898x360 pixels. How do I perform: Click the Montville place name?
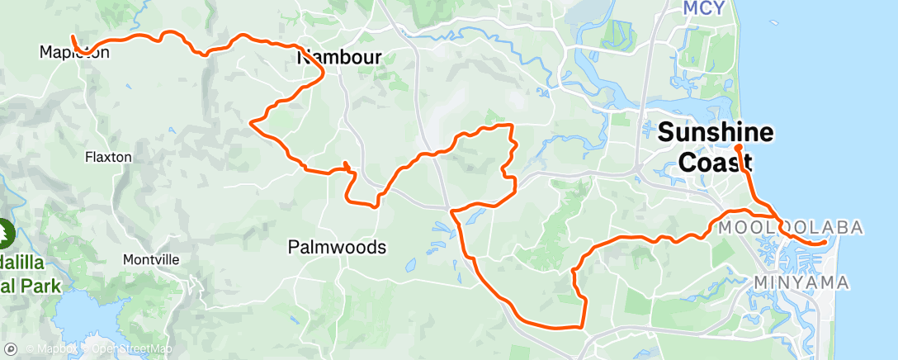pos(151,259)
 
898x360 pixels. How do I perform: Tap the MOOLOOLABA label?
pos(791,227)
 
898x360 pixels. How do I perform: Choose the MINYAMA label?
pos(801,283)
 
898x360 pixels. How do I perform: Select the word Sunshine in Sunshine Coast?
pos(716,132)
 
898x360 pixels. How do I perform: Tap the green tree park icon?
pos(7,232)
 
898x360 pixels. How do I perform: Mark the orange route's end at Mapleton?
pos(73,37)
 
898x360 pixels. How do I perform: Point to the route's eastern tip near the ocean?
pos(825,243)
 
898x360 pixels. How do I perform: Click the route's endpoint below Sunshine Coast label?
pos(738,147)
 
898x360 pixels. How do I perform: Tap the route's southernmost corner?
pos(584,325)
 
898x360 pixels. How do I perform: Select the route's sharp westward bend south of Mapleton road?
pos(251,123)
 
